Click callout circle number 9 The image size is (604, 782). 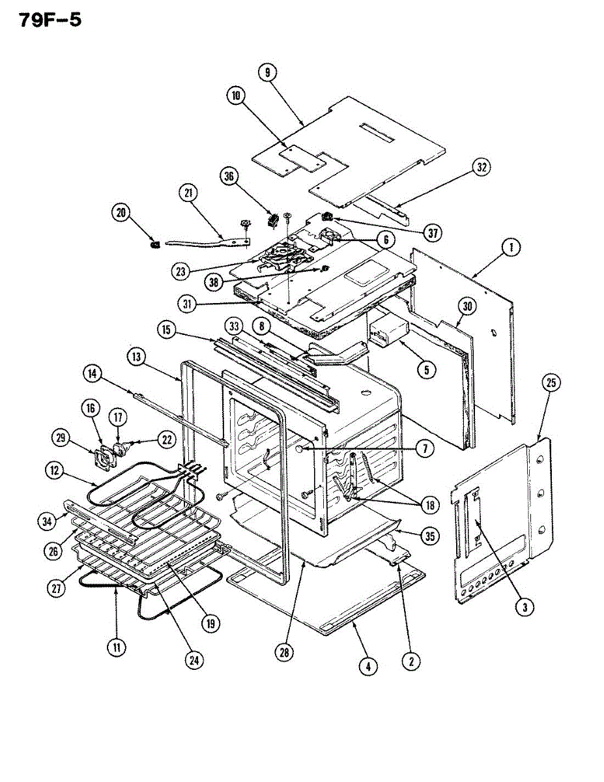[x=267, y=73]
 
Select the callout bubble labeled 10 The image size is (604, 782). [x=235, y=95]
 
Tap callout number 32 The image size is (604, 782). [x=481, y=167]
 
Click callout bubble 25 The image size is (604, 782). [x=551, y=383]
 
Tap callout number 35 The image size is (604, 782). [x=429, y=536]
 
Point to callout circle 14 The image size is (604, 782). [x=93, y=373]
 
